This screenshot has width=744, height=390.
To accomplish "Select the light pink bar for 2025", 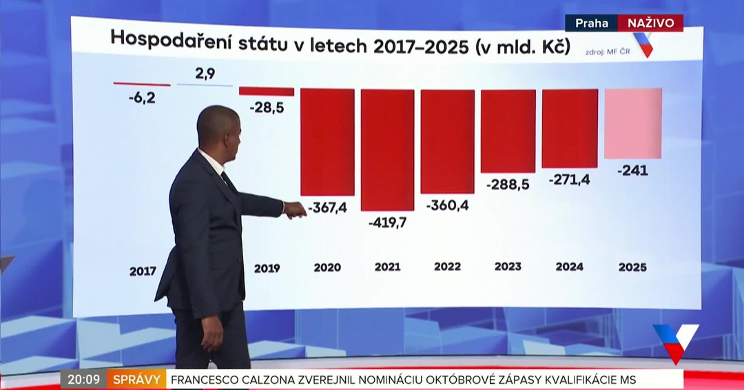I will pyautogui.click(x=633, y=123).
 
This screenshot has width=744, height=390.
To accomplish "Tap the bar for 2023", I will pyautogui.click(x=508, y=131).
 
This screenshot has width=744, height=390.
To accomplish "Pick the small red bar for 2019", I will pyautogui.click(x=267, y=92).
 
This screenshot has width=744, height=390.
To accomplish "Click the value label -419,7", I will pyautogui.click(x=388, y=223).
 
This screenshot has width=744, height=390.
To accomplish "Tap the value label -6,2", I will pyautogui.click(x=141, y=98).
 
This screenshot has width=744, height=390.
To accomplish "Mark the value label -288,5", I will pyautogui.click(x=508, y=185).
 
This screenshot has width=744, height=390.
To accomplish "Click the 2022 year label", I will pyautogui.click(x=448, y=267).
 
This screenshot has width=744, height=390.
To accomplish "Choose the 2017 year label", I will pyautogui.click(x=143, y=271).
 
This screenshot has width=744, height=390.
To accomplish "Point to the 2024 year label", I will pyautogui.click(x=570, y=266).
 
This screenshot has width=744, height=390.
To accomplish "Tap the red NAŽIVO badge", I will pyautogui.click(x=650, y=23).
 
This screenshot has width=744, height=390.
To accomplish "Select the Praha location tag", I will pyautogui.click(x=592, y=23).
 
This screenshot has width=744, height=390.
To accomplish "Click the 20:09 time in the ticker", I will pyautogui.click(x=83, y=379).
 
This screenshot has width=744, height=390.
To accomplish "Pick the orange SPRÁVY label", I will pyautogui.click(x=136, y=379).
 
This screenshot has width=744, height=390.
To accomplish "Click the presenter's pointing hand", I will pyautogui.click(x=295, y=210).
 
